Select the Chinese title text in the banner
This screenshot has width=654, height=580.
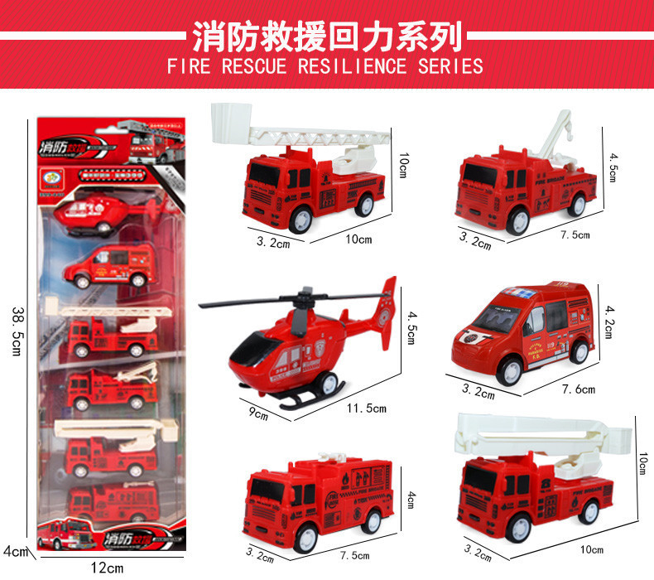pos(326,36)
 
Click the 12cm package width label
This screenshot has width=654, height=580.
pos(107,568)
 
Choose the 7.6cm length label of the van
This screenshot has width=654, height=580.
pos(577,389)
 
